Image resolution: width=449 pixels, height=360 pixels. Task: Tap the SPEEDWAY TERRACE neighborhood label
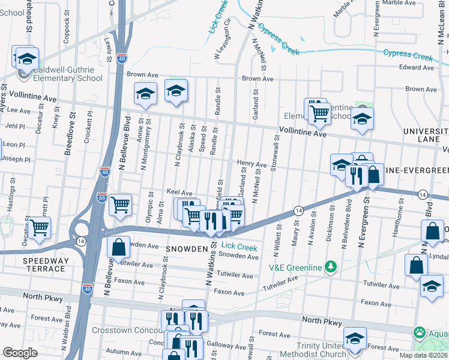point(44,265)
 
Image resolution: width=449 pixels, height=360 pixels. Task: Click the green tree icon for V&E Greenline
point(329,266)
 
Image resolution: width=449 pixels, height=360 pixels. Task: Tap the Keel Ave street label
point(179,193)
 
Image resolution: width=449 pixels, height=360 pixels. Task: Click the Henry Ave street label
point(252,164)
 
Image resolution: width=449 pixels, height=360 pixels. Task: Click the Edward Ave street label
point(416,68)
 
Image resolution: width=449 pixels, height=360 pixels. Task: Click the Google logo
point(20,353)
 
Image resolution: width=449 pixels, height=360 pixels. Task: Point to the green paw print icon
point(420,332)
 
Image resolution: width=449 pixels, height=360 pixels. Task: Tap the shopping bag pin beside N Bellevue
point(119,247)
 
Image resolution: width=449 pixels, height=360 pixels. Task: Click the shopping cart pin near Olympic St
point(121,205)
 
